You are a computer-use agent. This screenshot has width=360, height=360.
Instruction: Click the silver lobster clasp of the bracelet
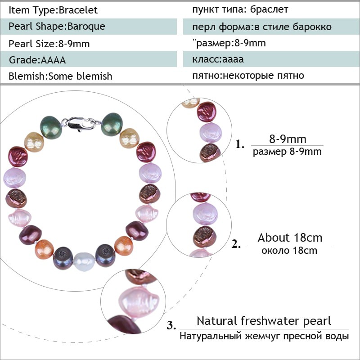pyautogui.click(x=81, y=123)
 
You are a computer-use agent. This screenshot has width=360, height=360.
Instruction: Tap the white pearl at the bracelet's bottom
pyautogui.click(x=84, y=262)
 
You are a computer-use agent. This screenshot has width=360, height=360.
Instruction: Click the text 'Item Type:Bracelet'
pyautogui.click(x=53, y=10)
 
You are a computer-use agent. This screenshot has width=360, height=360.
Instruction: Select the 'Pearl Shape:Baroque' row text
pyautogui.click(x=57, y=27)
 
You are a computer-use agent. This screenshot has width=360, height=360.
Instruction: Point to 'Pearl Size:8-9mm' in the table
pyautogui.click(x=49, y=44)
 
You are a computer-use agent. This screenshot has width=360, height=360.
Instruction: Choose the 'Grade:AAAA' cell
pyautogui.click(x=37, y=60)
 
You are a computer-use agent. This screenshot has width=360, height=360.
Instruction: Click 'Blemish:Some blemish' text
pyautogui.click(x=60, y=76)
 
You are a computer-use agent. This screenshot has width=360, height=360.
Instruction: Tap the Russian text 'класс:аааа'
pyautogui.click(x=218, y=59)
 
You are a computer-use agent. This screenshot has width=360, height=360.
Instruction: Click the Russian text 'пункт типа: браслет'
pyautogui.click(x=240, y=10)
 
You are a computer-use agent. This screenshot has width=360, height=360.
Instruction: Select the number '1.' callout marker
pyautogui.click(x=240, y=144)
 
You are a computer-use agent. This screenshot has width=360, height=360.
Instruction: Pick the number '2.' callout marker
pyautogui.click(x=236, y=244)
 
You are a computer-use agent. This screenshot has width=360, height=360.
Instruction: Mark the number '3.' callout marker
pyautogui.click(x=171, y=325)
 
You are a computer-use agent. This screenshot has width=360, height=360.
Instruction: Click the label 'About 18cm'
pyautogui.click(x=290, y=238)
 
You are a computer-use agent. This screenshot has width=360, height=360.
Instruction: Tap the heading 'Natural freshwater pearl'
pyautogui.click(x=264, y=321)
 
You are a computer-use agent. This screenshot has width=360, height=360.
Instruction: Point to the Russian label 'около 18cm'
pyautogui.click(x=289, y=250)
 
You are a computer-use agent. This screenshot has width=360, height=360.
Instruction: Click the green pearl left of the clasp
pyautogui.click(x=51, y=128)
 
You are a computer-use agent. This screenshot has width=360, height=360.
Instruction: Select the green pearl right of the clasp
pyautogui.click(x=112, y=124)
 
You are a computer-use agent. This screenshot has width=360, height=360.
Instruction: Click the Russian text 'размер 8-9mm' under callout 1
pyautogui.click(x=287, y=152)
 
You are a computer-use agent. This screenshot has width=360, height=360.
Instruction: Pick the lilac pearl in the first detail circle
pyautogui.click(x=211, y=133)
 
